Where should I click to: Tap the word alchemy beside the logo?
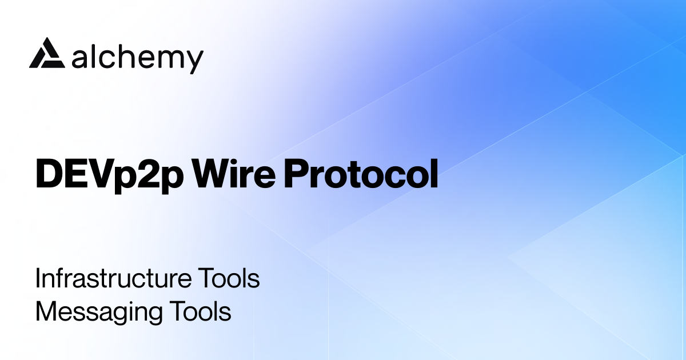(138, 58)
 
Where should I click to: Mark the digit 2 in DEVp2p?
(151, 174)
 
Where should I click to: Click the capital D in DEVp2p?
(46, 174)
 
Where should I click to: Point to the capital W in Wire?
(211, 173)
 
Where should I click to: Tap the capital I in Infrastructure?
(38, 279)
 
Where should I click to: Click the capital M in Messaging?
(46, 313)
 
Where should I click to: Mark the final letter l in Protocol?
(434, 173)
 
